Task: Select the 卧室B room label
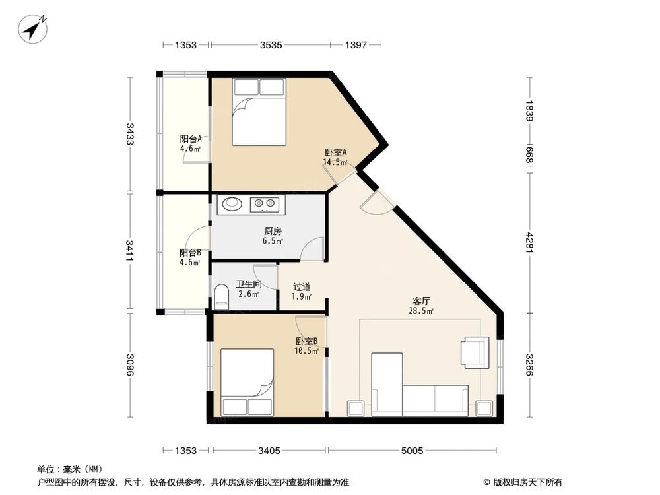pos(306,341)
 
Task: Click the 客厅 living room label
pos(420,300)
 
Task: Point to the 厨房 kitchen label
pos(273,232)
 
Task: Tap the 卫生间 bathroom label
pos(249,285)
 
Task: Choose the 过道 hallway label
pos(302,287)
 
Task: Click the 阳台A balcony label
pos(194,139)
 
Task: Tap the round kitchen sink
pos(232,204)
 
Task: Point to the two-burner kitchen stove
pos(265,204)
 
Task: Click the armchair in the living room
pos(475,351)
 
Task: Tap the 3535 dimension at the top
pos(271,45)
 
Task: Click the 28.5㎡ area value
pos(420,311)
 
